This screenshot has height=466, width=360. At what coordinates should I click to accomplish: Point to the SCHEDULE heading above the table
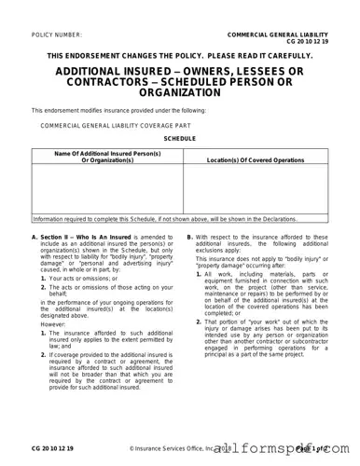[180, 138]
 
